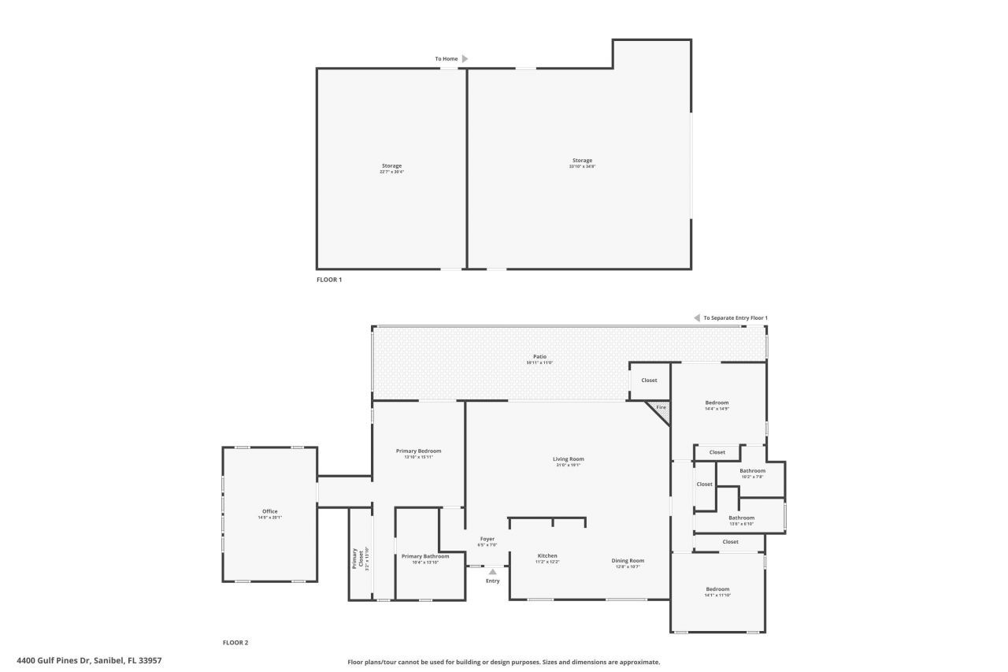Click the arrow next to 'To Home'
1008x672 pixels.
(465, 58)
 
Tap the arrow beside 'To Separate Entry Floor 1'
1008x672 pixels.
(696, 317)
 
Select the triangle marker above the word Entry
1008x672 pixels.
(493, 572)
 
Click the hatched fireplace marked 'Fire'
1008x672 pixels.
(660, 409)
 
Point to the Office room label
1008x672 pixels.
(269, 511)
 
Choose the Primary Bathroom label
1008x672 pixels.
(425, 556)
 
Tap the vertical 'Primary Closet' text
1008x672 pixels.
(355, 559)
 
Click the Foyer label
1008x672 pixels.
(487, 539)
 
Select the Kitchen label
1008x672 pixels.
(547, 555)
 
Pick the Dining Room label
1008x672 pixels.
(628, 561)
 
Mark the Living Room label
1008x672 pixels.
(568, 459)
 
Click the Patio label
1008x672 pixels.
(539, 356)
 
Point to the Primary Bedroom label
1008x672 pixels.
(418, 451)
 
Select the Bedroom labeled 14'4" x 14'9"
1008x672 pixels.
(717, 403)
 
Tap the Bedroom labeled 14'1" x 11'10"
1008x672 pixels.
(717, 589)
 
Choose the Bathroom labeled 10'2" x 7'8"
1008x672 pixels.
(752, 471)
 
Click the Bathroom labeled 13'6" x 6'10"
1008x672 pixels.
(741, 518)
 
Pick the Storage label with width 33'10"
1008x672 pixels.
(582, 161)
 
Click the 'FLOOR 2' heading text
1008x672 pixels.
(235, 643)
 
